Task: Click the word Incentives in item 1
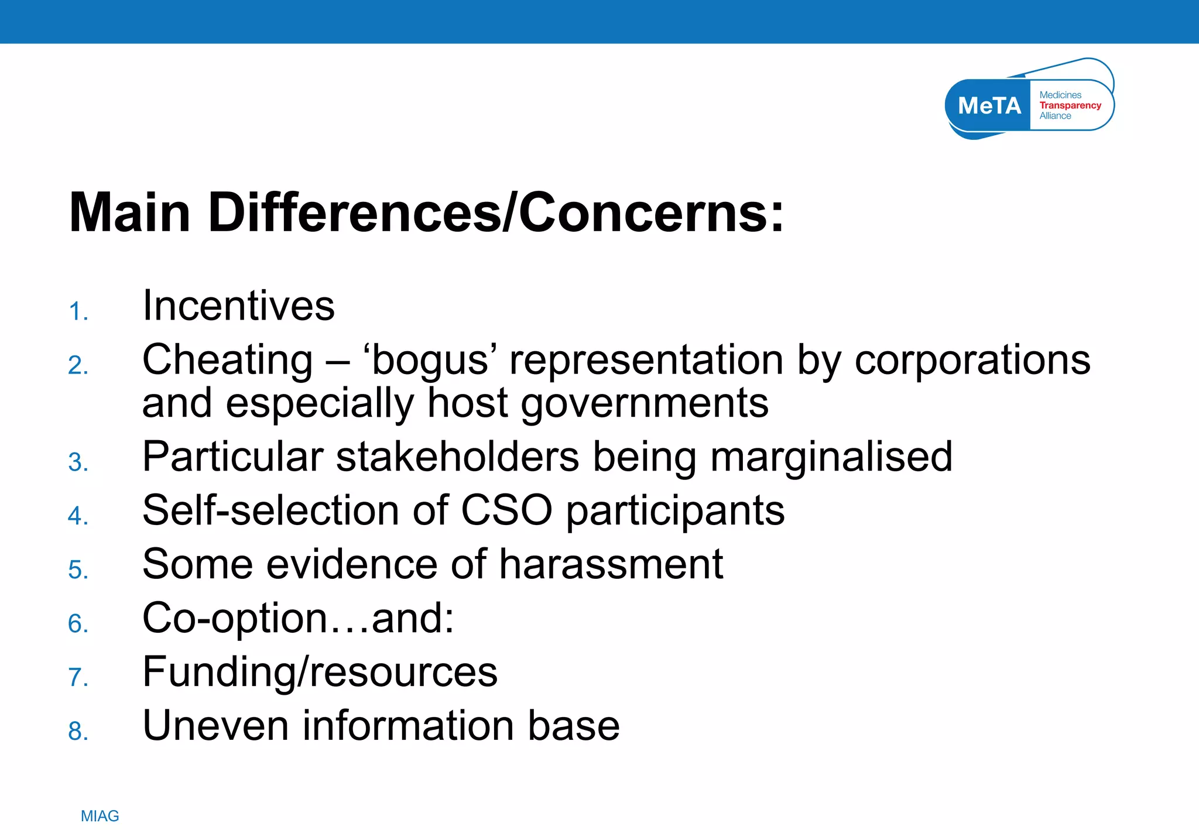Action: click(x=238, y=306)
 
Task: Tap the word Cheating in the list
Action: click(x=227, y=359)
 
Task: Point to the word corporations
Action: click(x=972, y=359)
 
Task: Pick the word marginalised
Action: click(x=831, y=457)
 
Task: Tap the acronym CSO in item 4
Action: click(x=506, y=510)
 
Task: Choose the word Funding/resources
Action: click(x=320, y=671)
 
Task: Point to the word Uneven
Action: click(x=215, y=725)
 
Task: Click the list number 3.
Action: click(x=78, y=462)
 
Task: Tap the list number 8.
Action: click(x=78, y=731)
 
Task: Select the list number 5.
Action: click(x=78, y=570)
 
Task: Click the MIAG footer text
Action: click(x=100, y=816)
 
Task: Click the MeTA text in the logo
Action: click(x=989, y=106)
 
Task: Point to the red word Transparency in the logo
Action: click(x=1070, y=105)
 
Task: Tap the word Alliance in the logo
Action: click(x=1055, y=116)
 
